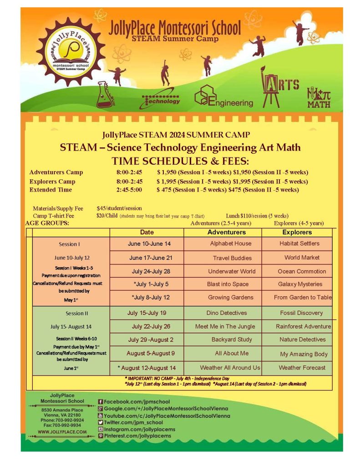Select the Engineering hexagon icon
click(203, 96)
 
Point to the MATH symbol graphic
click(319, 97)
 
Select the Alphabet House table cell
click(230, 243)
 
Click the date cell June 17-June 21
click(151, 258)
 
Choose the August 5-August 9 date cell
click(151, 353)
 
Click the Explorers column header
click(297, 232)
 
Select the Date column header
click(147, 232)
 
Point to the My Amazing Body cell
click(304, 354)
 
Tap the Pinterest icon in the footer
click(101, 436)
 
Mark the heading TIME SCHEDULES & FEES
click(180, 161)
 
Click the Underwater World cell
click(232, 271)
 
